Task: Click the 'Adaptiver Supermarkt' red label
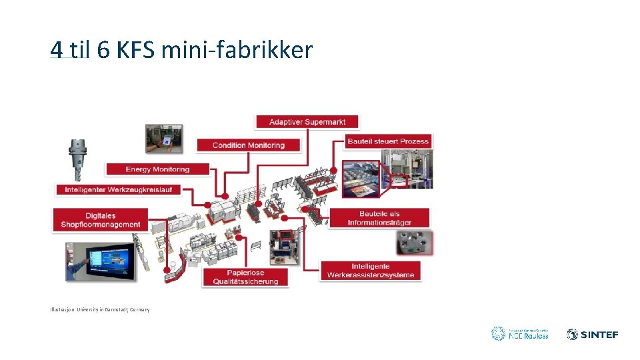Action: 307,122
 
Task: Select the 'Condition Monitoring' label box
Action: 249,145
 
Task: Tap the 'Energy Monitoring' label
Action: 157,169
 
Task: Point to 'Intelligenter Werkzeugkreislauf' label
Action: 119,190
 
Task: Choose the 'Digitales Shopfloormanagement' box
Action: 100,220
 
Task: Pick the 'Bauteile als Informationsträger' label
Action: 379,218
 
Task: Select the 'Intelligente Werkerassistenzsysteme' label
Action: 371,270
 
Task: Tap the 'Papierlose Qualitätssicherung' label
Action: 245,277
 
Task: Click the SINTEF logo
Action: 592,334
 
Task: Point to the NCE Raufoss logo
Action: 519,333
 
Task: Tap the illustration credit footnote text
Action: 100,309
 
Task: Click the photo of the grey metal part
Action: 415,243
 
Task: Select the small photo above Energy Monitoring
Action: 163,139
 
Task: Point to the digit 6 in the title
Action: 103,50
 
